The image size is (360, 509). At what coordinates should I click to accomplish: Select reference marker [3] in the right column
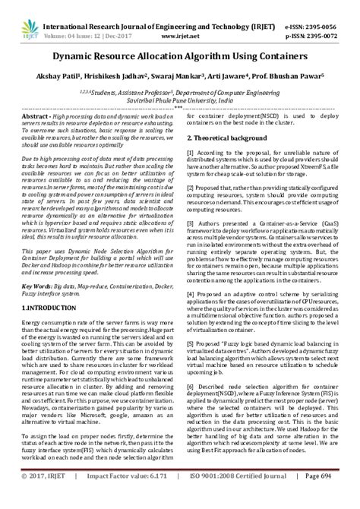tap(190, 226)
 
